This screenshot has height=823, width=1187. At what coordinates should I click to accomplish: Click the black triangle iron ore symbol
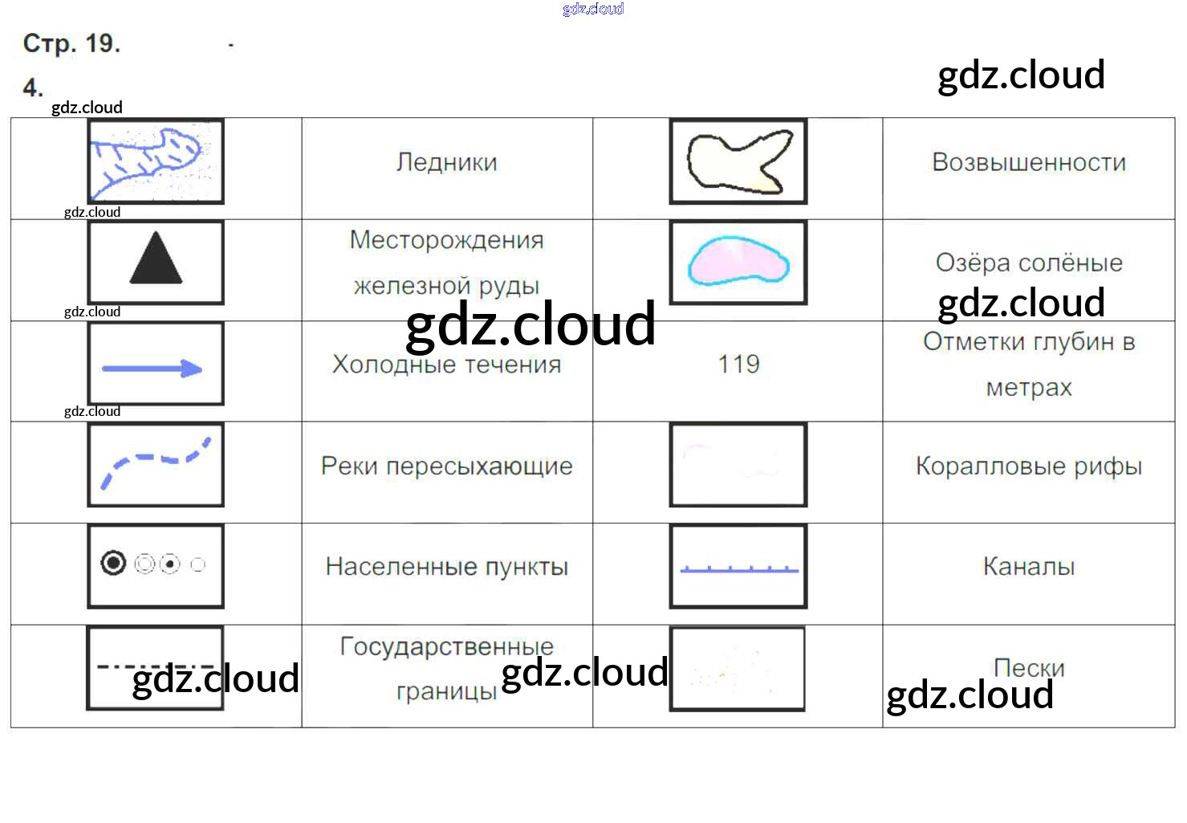pos(156,259)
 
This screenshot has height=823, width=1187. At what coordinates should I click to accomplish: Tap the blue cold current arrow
pos(152,369)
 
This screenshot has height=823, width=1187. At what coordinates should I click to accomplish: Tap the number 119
pos(738,365)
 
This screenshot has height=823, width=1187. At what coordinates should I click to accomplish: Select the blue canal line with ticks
pos(738,569)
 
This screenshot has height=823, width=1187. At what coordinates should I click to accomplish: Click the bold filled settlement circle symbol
pos(113,564)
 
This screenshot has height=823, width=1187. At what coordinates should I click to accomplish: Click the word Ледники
pos(446,163)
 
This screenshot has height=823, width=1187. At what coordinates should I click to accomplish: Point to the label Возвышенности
pos(1029,163)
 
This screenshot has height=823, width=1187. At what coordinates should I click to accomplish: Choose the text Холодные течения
pos(446,365)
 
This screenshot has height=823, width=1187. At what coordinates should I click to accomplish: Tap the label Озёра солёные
pos(1029,263)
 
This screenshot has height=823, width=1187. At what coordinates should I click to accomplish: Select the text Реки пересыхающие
pos(446,467)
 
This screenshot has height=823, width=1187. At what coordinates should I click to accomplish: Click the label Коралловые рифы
pos(1029,467)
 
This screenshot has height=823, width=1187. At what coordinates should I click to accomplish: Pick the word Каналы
pos(1029,567)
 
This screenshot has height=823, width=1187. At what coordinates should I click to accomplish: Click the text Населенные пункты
pos(446,567)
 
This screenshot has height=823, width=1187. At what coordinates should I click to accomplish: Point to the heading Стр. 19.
pos(71,43)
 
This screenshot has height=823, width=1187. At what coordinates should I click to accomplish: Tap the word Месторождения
pos(446,240)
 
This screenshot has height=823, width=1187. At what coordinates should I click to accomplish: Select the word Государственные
pos(446,646)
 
